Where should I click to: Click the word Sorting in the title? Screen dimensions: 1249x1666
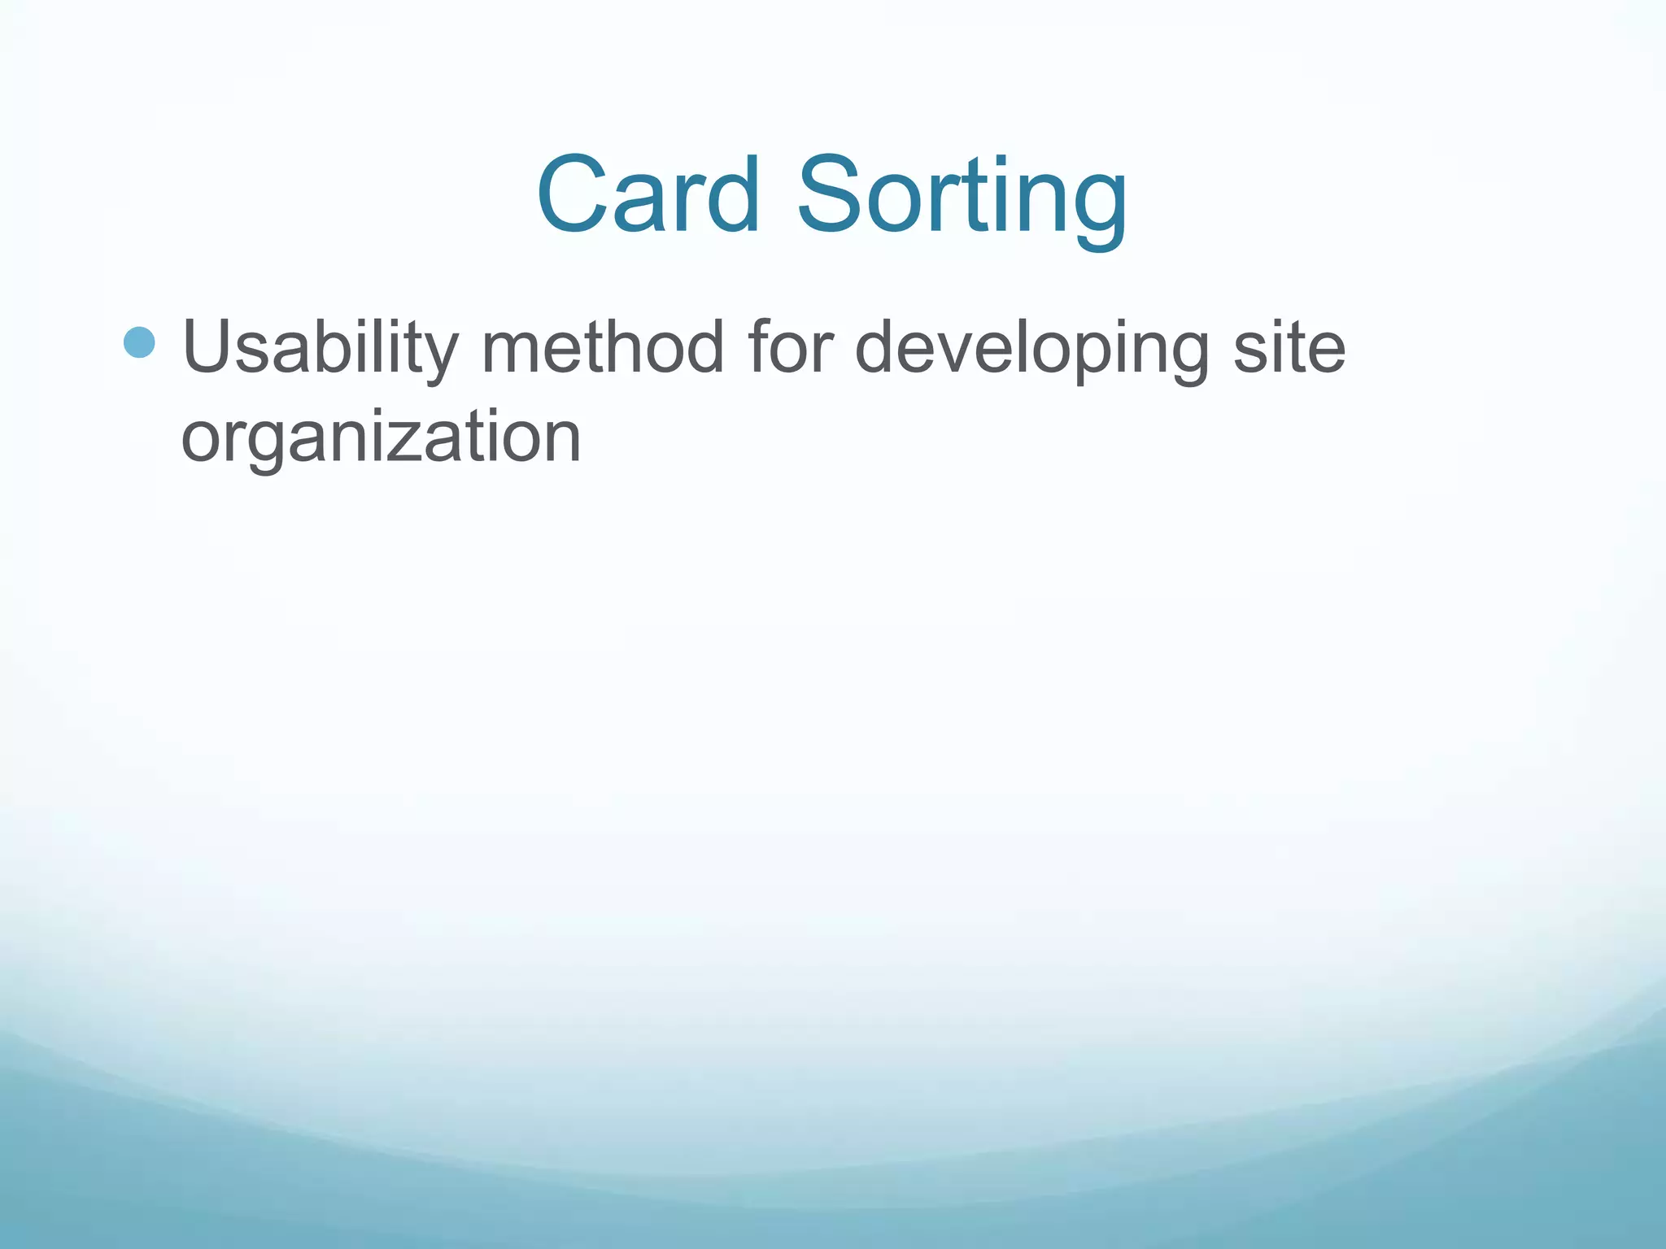click(x=962, y=199)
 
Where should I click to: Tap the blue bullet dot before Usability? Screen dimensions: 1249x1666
click(x=139, y=342)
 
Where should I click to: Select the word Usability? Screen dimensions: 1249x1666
click(x=321, y=347)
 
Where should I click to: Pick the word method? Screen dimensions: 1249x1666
click(x=602, y=347)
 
